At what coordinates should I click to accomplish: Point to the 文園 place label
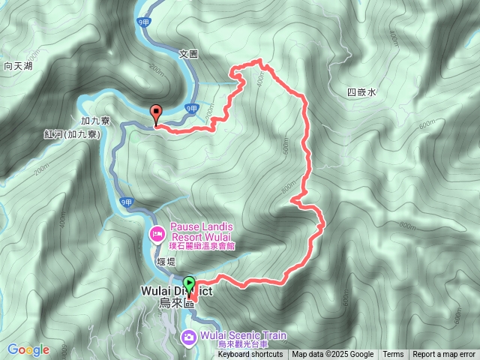tap(188, 54)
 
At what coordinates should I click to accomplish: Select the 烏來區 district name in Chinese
tap(176, 303)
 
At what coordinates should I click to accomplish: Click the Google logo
tap(28, 349)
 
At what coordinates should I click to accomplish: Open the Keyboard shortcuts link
tap(250, 355)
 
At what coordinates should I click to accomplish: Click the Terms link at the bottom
tap(393, 355)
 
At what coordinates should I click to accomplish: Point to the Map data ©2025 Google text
tap(332, 355)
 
